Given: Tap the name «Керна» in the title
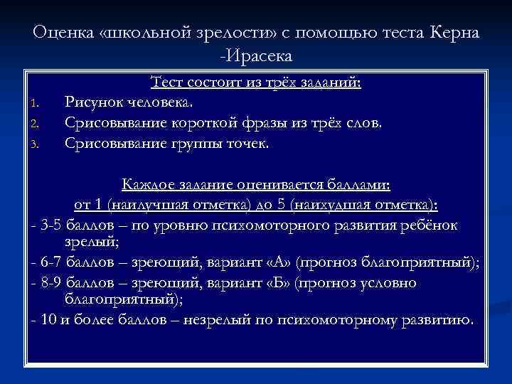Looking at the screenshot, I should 456,33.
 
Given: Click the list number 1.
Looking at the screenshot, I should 33,105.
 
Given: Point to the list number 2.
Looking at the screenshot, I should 33,124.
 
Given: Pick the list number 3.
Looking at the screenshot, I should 33,144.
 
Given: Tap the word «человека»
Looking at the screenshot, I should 160,103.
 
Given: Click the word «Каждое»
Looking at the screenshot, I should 146,185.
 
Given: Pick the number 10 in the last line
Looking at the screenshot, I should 48,319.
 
